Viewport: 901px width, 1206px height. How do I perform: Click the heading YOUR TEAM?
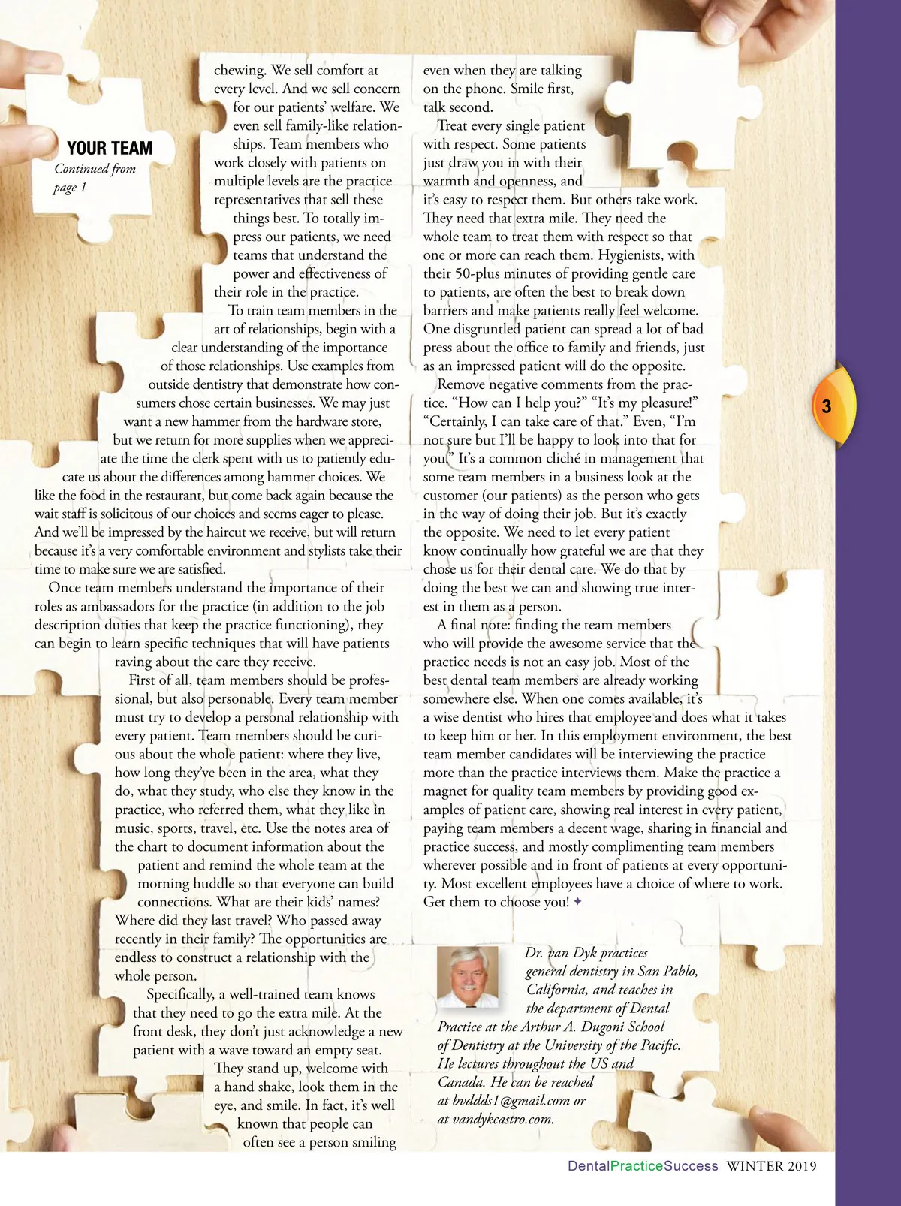click(110, 149)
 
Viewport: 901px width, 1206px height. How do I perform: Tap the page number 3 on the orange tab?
click(827, 406)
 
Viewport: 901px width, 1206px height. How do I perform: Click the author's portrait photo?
click(468, 976)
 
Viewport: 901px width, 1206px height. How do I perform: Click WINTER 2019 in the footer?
click(770, 1166)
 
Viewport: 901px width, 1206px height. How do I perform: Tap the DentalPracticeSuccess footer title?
click(643, 1166)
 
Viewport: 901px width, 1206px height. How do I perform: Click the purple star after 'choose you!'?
click(577, 902)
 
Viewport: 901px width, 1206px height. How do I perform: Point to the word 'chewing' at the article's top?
click(240, 70)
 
